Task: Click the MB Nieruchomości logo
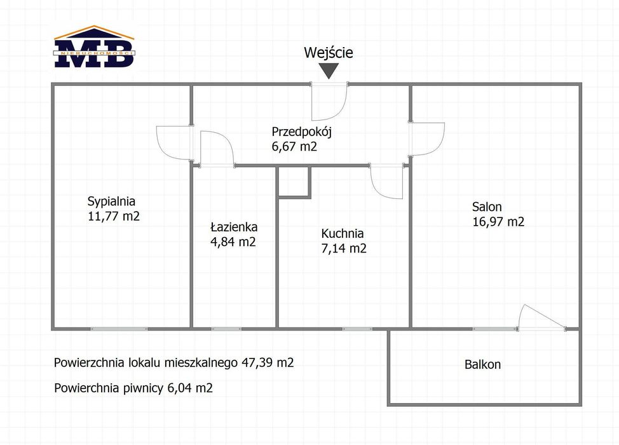coord(94,46)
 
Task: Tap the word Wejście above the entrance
coord(329,53)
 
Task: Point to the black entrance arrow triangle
coord(329,71)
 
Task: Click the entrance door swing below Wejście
coord(329,102)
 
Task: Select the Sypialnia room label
coord(111,202)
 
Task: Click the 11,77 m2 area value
coord(114,216)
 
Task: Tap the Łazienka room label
coord(234,227)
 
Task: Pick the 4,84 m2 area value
coord(233,242)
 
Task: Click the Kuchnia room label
coord(343,233)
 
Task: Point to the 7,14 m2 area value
coord(343,249)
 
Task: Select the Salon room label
coord(487,207)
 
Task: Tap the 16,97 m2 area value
coord(498,222)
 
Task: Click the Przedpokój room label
coord(302,132)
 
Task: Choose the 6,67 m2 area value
coord(294,146)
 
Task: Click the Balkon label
coord(482,364)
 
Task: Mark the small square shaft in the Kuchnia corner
coord(294,182)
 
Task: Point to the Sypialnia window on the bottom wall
coord(119,329)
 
